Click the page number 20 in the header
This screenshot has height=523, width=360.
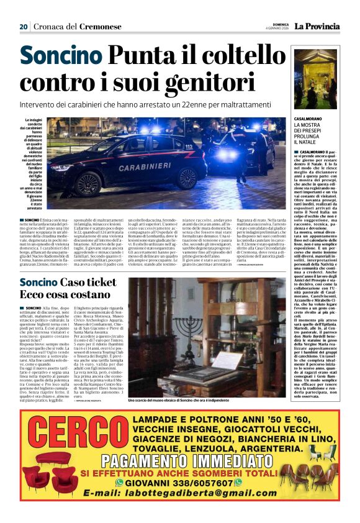coord(24,27)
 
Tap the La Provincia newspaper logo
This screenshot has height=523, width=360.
coord(317,26)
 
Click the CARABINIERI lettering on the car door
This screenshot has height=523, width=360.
coord(145,168)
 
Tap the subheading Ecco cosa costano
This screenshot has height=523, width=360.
coord(61,295)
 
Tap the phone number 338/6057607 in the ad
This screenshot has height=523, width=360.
coord(206,483)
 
